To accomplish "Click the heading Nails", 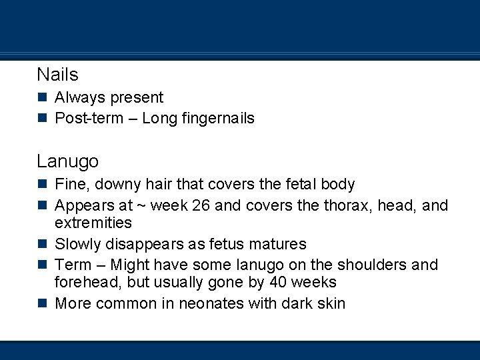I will pos(57,74).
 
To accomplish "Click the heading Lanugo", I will pos(67,161).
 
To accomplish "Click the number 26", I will pos(201,205).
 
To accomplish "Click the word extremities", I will pos(93,223).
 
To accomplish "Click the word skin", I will pos(331,303).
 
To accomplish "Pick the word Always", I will pos(79,98).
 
